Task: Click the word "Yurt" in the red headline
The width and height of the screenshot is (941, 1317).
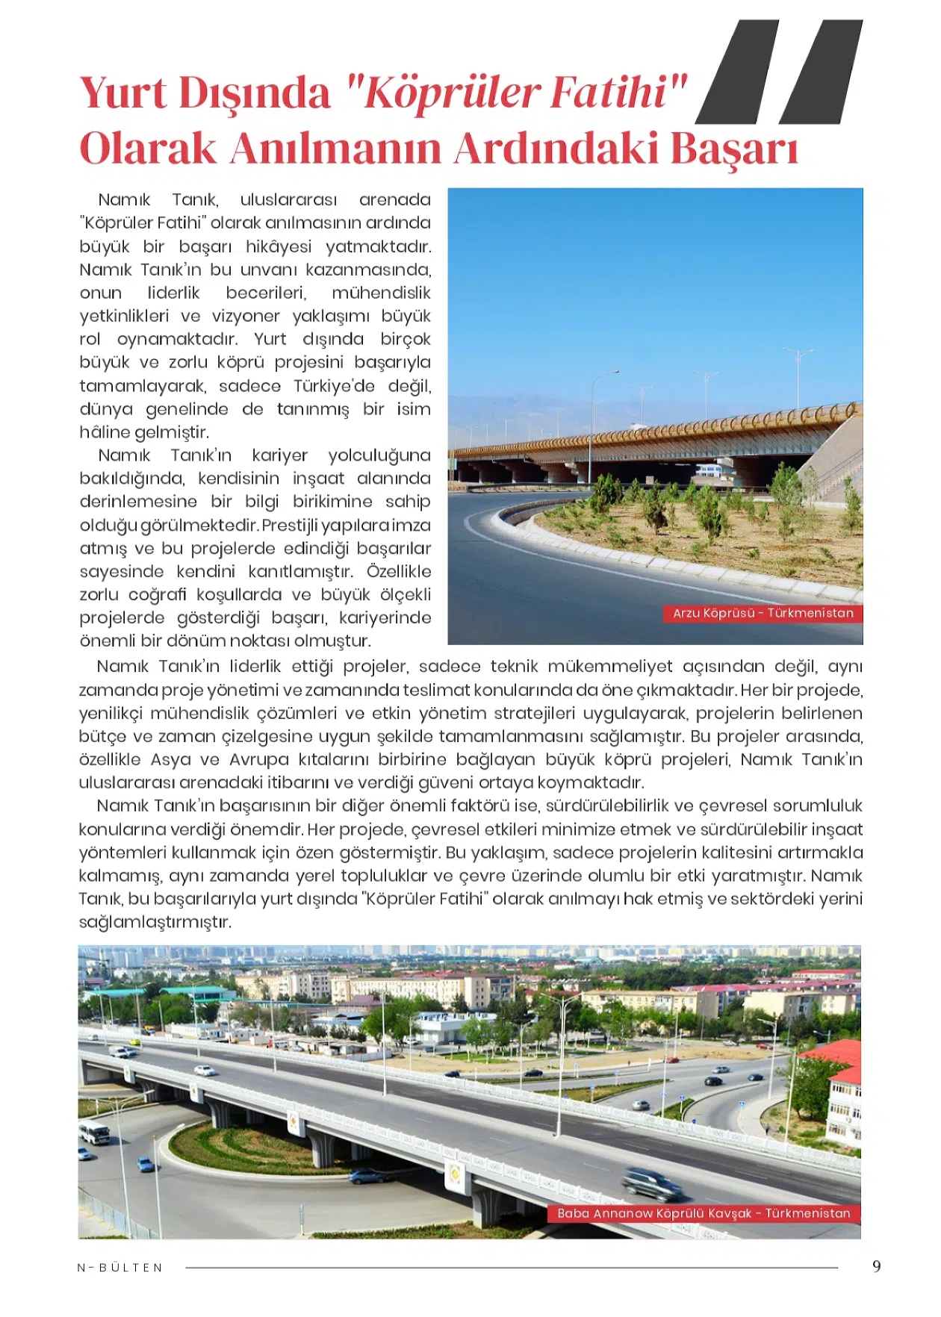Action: point(123,93)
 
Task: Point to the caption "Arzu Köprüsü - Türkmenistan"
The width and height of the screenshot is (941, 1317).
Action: point(763,614)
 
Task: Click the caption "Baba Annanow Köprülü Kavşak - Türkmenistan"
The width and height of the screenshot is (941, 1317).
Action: point(704,1213)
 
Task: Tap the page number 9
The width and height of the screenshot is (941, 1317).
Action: point(877,1266)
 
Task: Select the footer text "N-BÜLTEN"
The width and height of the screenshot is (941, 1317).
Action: point(120,1268)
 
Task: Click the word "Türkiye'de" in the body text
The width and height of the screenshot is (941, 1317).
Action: point(334,386)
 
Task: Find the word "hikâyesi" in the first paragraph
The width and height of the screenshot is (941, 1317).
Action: point(279,246)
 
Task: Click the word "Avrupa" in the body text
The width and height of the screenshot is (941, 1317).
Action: point(258,760)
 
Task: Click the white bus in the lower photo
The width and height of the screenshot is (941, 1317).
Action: point(95,1133)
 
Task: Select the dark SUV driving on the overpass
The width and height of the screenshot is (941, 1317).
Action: point(651,1183)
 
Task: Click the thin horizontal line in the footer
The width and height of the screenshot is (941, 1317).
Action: point(511,1267)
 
